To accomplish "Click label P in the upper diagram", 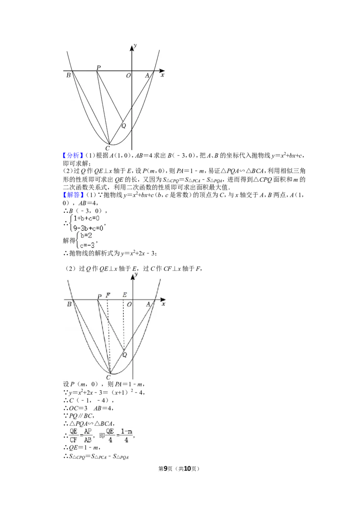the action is [99, 67].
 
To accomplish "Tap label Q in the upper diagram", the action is [123, 126].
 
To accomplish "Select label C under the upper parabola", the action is [108, 149].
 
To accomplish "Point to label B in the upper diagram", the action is [68, 75].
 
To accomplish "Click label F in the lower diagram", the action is [108, 295].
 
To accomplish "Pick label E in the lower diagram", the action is [125, 295].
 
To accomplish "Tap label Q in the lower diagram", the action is [125, 355].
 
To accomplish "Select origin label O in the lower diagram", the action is [129, 304].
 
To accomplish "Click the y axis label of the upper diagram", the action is [135, 45].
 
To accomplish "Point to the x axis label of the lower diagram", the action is [163, 304].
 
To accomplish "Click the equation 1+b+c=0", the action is [86, 219].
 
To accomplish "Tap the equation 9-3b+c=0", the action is [88, 228].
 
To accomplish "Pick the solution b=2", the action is [86, 236].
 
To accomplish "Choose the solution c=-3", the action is [87, 245].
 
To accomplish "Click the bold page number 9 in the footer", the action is [166, 469].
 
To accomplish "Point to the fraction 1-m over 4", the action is [126, 435].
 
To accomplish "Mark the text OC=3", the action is [78, 408].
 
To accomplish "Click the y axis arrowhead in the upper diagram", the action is [132, 47].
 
